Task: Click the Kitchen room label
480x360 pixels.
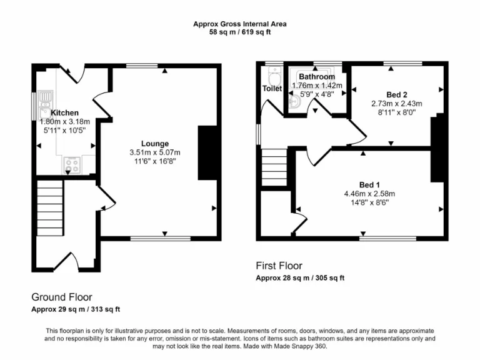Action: coord(65,112)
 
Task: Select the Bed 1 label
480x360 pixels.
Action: coord(369,184)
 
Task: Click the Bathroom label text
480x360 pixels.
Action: coord(317,77)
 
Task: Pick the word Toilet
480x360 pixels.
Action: coord(272,89)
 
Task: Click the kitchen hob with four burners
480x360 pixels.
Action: coord(71,165)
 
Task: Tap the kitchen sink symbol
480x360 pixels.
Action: coord(46,100)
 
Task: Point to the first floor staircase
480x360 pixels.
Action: coord(273,166)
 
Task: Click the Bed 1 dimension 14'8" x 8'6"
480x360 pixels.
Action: coord(369,202)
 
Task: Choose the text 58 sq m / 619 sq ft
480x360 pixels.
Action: coord(240,32)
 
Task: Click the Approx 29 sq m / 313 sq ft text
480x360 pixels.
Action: coord(76,309)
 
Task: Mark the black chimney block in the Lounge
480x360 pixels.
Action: coord(208,153)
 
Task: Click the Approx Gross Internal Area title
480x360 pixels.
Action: coord(240,24)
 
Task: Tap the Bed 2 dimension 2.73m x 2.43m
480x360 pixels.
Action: coord(397,104)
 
